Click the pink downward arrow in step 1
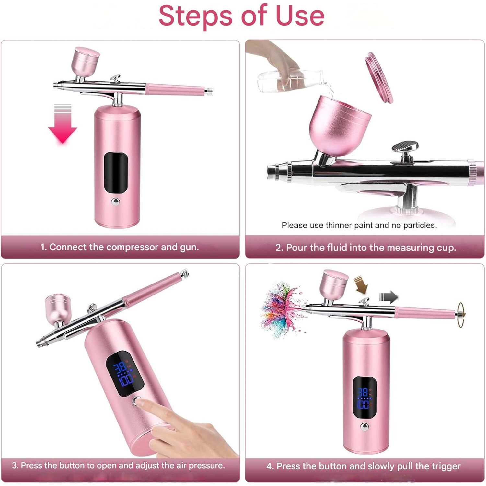63,124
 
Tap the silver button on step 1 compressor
116,202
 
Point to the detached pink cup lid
379,77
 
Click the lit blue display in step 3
125,373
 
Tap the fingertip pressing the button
139,402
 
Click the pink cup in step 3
58,308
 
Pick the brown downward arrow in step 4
361,285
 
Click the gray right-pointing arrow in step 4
388,297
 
